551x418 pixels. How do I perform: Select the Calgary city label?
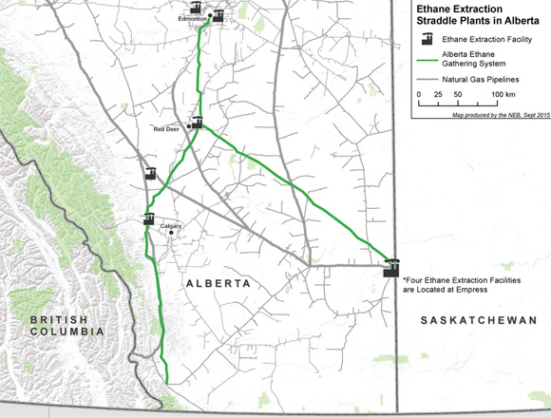click(171, 226)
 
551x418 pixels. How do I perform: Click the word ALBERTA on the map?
click(218, 284)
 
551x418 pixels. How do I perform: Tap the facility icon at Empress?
click(390, 268)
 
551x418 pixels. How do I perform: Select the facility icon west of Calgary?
click(149, 219)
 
